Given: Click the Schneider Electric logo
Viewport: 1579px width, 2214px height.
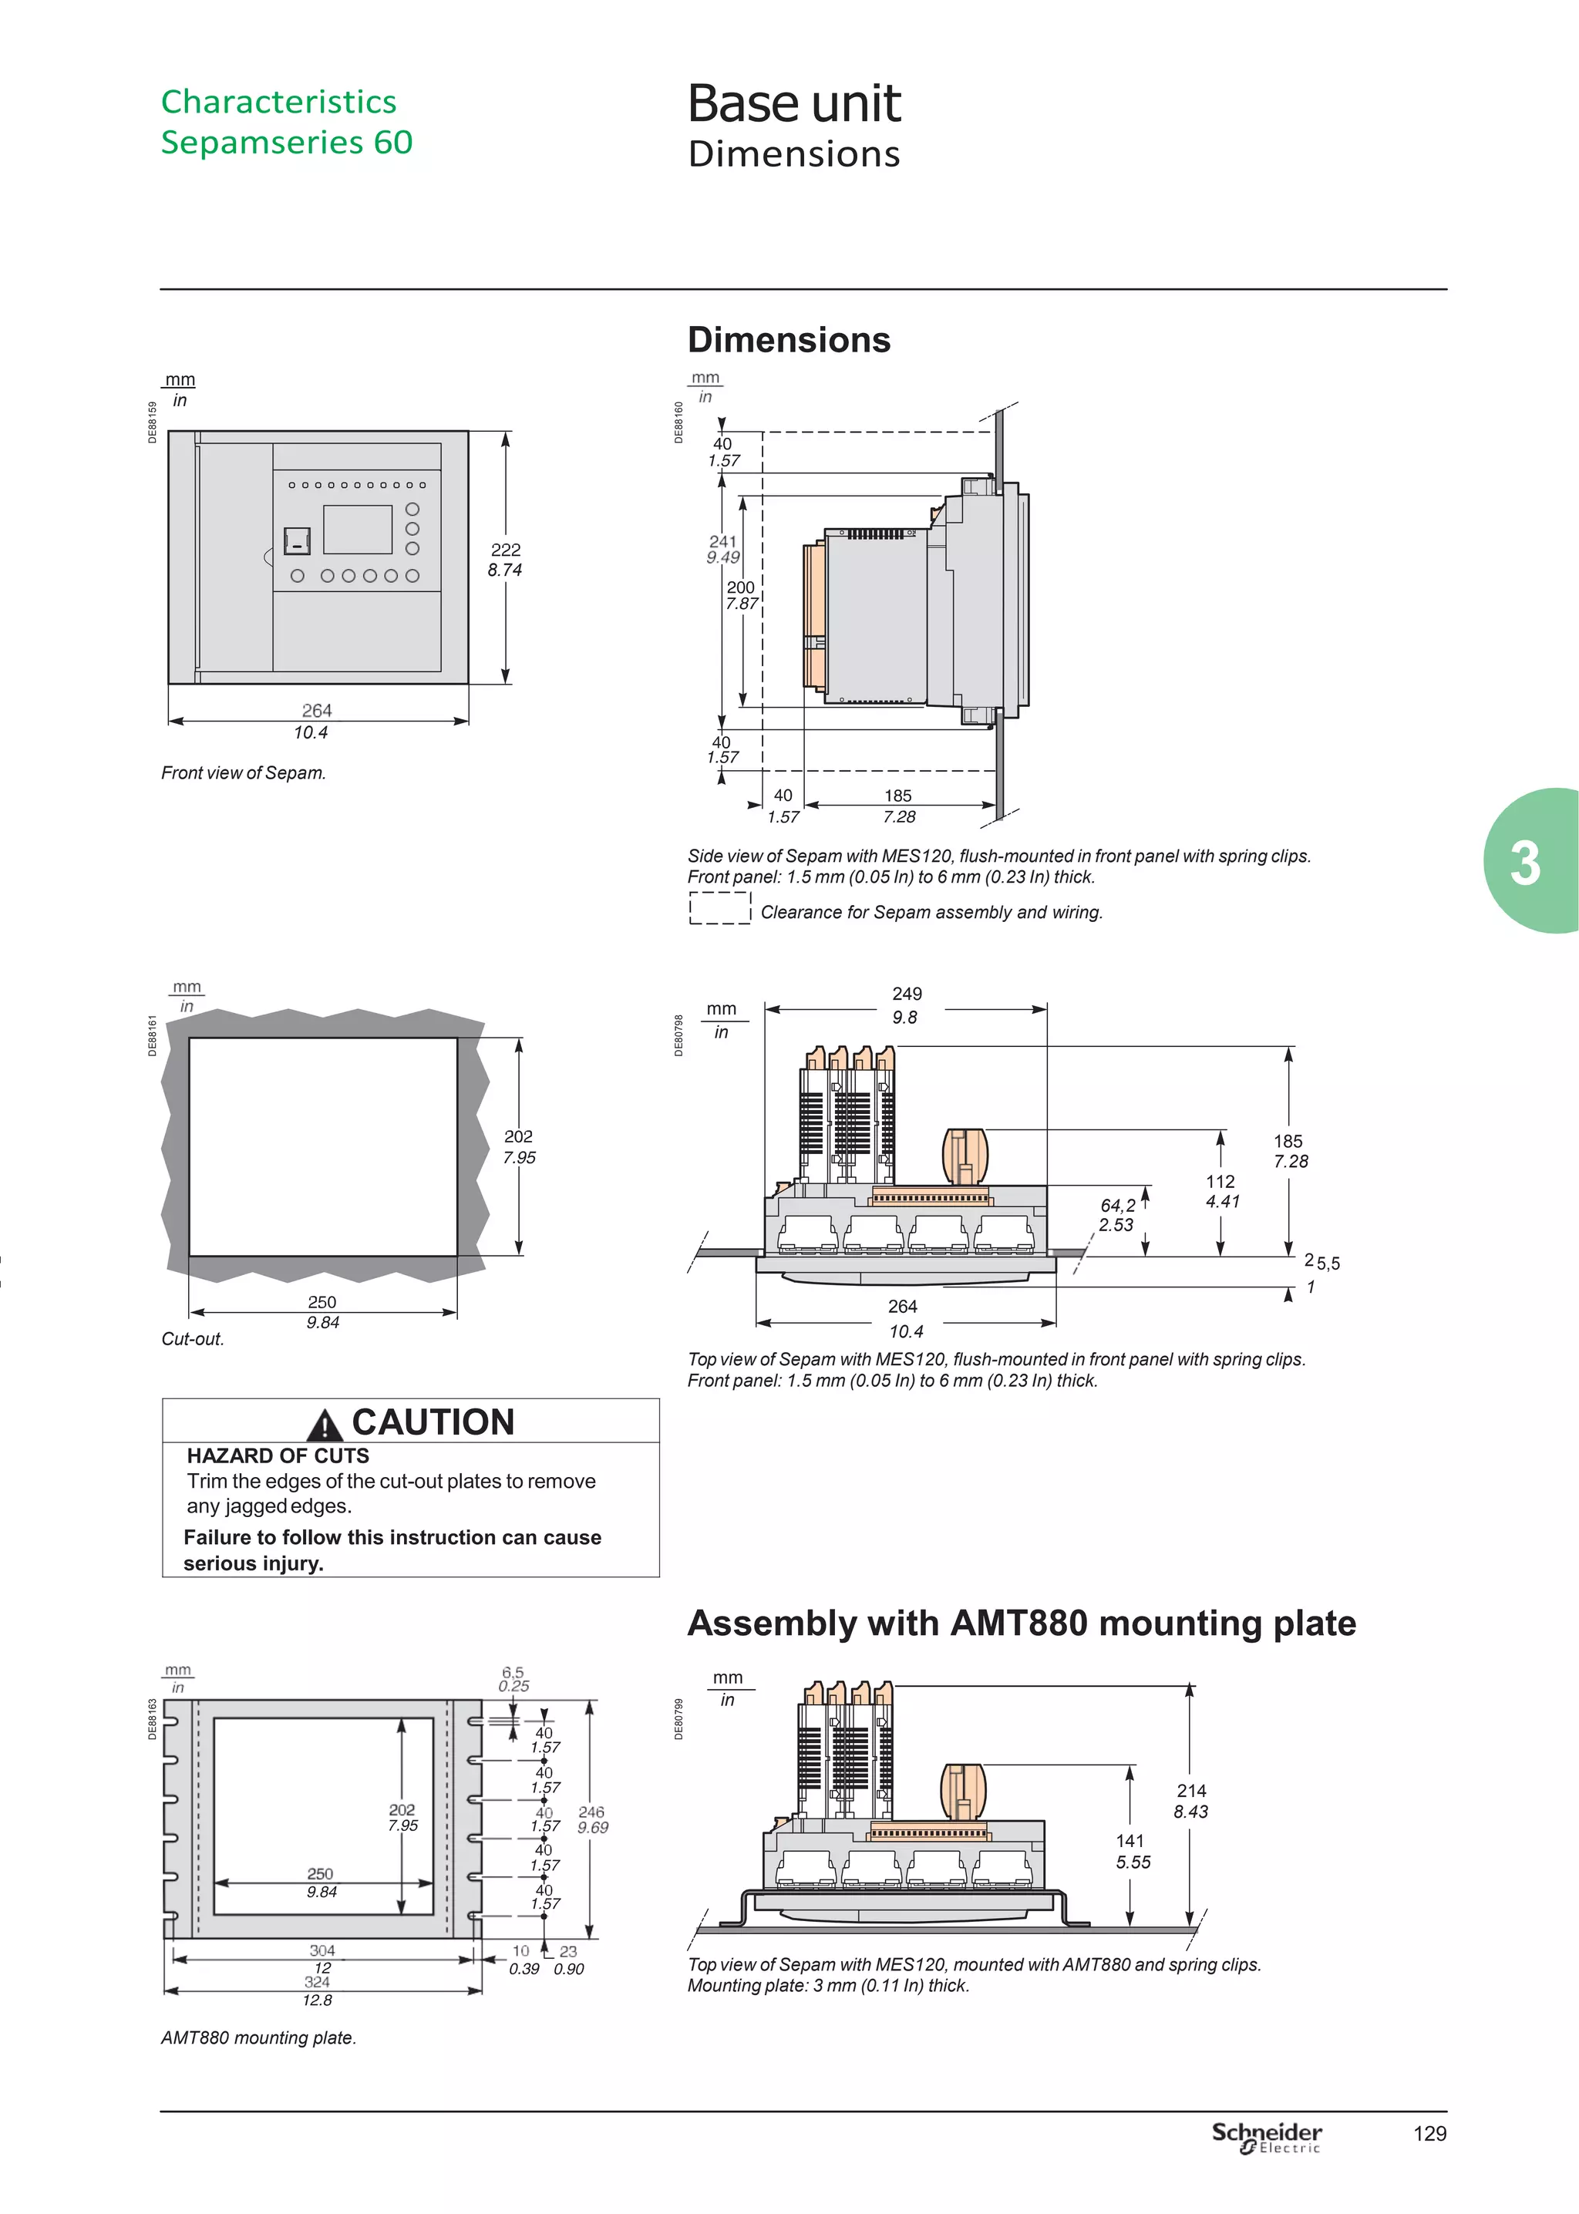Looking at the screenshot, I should [x=1266, y=2136].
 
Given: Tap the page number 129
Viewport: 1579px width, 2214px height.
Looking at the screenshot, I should [x=1429, y=2133].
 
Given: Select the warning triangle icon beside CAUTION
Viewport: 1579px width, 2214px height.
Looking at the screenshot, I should [x=324, y=1425].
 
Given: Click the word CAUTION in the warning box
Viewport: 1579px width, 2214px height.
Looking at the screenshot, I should [x=433, y=1422].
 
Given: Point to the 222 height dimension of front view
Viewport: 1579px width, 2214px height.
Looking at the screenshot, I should [x=506, y=550].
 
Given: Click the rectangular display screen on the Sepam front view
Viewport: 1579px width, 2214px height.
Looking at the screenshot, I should [x=358, y=530].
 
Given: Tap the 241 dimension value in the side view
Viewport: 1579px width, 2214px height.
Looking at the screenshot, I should [x=723, y=541].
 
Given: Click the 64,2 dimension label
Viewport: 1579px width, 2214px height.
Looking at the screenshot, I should [x=1118, y=1205].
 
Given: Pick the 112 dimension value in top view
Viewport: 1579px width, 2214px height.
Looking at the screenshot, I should [x=1220, y=1182].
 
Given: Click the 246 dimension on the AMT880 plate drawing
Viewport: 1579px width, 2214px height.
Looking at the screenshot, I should [x=591, y=1812].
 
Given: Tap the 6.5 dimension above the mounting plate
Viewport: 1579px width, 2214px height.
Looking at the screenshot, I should [x=513, y=1673].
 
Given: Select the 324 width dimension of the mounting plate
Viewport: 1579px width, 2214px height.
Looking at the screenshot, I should [x=318, y=1982].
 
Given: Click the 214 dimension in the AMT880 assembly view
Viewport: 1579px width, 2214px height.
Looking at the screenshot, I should [x=1191, y=1790].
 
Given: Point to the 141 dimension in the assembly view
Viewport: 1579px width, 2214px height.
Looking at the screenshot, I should [x=1130, y=1841].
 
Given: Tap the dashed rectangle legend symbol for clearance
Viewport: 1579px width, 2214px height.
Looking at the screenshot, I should [x=719, y=908].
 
